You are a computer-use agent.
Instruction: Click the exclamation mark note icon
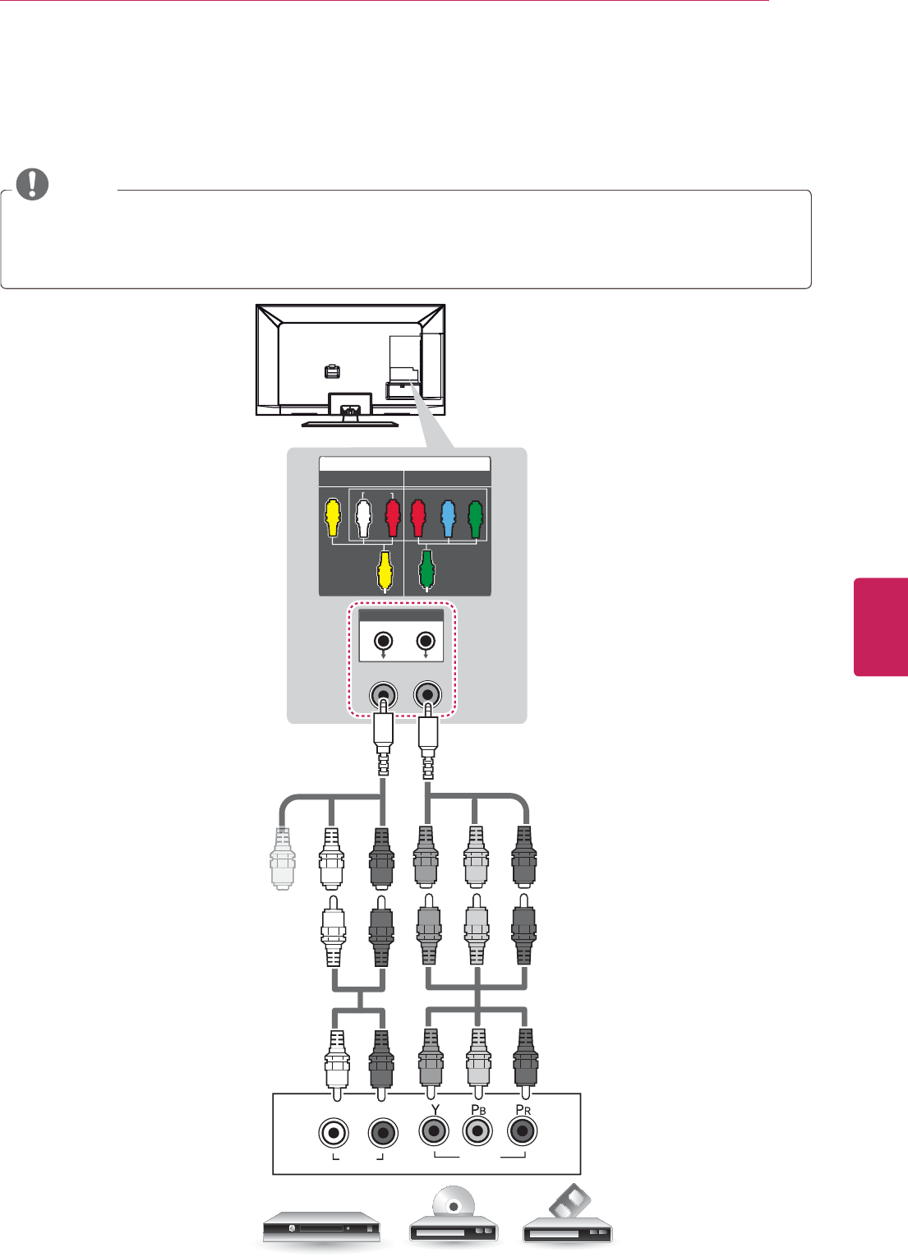click(32, 184)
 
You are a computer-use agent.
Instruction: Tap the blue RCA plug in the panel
click(448, 518)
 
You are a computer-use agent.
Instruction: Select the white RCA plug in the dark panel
click(363, 518)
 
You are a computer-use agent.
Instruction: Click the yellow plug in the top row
click(332, 516)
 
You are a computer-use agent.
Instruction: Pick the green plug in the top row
click(476, 518)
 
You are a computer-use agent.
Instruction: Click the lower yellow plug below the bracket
click(384, 570)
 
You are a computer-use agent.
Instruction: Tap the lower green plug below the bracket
click(426, 570)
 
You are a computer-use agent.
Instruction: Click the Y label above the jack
click(436, 1109)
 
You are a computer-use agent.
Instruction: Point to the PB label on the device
click(478, 1110)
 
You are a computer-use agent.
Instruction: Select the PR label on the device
click(523, 1110)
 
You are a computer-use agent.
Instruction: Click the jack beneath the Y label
click(433, 1131)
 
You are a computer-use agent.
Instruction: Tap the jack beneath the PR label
click(522, 1131)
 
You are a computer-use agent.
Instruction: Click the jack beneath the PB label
click(477, 1131)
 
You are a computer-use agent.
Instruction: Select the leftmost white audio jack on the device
click(333, 1133)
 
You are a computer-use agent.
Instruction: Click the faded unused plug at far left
click(283, 859)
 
